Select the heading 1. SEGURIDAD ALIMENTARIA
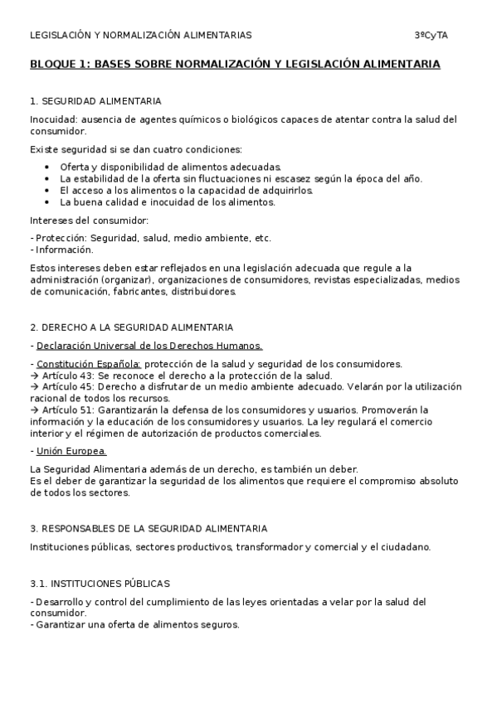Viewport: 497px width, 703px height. point(95,101)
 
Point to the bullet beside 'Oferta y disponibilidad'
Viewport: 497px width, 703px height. point(47,167)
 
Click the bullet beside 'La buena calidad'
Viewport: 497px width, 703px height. point(47,201)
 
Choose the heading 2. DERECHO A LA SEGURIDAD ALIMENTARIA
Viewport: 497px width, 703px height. point(131,327)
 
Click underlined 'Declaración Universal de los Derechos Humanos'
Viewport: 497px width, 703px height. point(149,346)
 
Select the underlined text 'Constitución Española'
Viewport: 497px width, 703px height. point(89,364)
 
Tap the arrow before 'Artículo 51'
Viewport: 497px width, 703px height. point(34,410)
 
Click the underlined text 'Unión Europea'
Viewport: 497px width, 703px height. point(71,451)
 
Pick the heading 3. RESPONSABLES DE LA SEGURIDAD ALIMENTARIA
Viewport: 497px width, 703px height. point(148,528)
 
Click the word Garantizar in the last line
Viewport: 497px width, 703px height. point(62,625)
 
